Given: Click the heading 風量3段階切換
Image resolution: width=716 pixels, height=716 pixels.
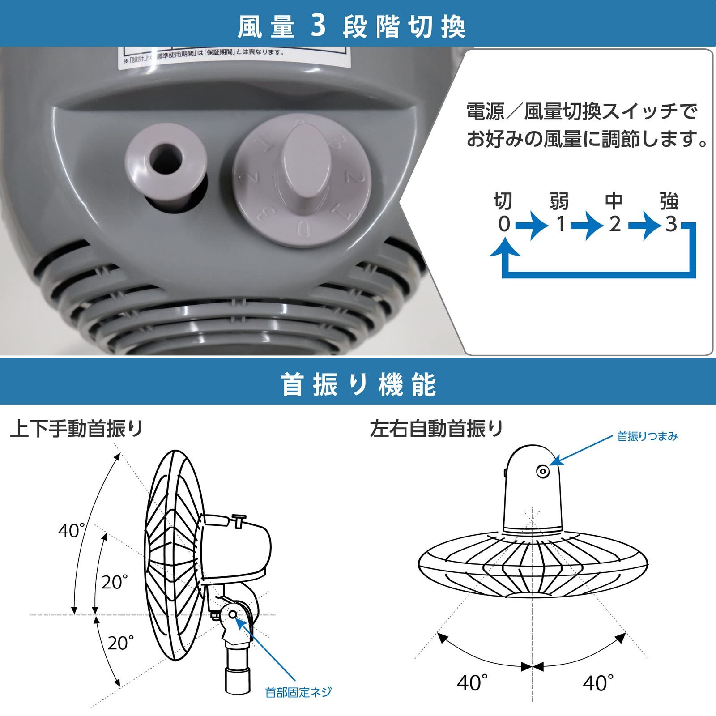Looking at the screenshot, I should click(x=352, y=27).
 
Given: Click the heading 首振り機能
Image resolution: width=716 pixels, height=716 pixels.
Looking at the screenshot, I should click(x=358, y=384).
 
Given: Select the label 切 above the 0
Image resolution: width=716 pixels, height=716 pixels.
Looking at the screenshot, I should click(x=503, y=201).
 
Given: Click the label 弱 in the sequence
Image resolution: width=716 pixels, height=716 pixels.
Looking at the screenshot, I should click(x=559, y=201).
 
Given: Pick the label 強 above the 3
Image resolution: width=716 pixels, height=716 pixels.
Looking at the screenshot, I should click(x=669, y=201).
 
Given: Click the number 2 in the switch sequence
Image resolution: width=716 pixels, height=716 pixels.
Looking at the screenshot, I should click(x=615, y=224).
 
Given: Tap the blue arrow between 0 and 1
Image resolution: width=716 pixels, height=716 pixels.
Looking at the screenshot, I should click(x=532, y=224).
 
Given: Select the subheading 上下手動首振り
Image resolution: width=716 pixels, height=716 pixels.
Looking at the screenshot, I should click(x=77, y=429).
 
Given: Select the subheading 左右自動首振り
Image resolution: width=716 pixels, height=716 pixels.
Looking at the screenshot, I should click(x=437, y=429).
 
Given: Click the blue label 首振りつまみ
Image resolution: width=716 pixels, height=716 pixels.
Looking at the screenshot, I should click(x=647, y=436).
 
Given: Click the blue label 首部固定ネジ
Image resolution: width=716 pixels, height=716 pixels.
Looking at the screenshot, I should click(x=298, y=693).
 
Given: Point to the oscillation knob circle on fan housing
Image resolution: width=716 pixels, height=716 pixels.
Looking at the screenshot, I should click(x=543, y=471).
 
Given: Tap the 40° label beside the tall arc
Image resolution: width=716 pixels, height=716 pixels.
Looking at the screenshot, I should click(x=71, y=531).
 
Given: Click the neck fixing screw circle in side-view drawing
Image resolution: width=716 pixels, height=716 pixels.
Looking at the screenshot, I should click(x=233, y=614).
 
